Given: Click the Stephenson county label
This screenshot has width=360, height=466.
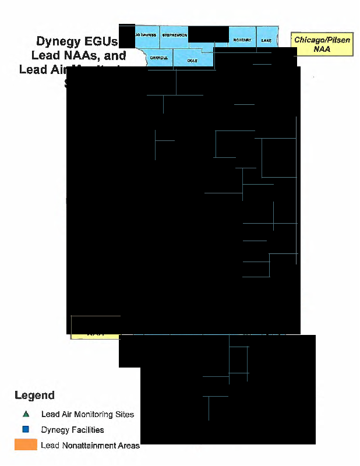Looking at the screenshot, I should point(174,36).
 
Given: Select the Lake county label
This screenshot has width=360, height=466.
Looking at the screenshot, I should point(266,40).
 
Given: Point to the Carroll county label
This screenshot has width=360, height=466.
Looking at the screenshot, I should point(158,58).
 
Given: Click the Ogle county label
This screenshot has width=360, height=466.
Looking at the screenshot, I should point(192,60).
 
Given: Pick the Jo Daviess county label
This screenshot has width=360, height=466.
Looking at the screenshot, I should point(146,36).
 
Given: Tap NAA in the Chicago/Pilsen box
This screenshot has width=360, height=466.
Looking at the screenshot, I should point(322,50).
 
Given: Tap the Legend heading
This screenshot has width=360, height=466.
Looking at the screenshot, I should point(34,396).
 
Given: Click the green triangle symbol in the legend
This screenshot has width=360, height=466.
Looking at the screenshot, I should point(26,414).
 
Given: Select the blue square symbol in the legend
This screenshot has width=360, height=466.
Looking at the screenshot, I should point(26,430).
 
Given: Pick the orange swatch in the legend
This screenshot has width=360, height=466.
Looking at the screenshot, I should point(26,445).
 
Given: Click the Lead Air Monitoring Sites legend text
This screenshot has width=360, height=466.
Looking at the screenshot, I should point(87,415).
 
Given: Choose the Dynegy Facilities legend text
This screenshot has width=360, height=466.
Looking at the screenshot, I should point(72,430).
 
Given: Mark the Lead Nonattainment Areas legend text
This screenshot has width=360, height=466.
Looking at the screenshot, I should point(90,446).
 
